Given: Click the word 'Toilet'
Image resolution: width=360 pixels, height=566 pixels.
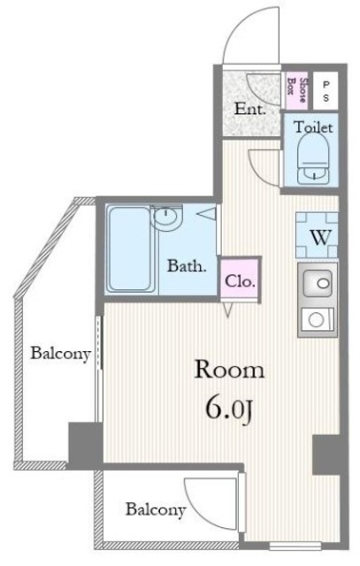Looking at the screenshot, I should (x=313, y=127).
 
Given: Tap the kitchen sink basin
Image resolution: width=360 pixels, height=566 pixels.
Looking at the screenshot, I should (x=318, y=285).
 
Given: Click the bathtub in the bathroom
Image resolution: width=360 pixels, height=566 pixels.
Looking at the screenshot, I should (x=129, y=250).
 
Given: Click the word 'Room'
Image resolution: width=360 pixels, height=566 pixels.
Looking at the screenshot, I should (x=230, y=369).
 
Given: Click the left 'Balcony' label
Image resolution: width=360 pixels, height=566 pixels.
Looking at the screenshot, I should (x=59, y=355).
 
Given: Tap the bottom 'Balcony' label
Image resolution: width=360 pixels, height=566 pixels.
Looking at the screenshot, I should (x=155, y=509).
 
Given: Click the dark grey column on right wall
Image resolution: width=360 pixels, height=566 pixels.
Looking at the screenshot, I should (x=329, y=455).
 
